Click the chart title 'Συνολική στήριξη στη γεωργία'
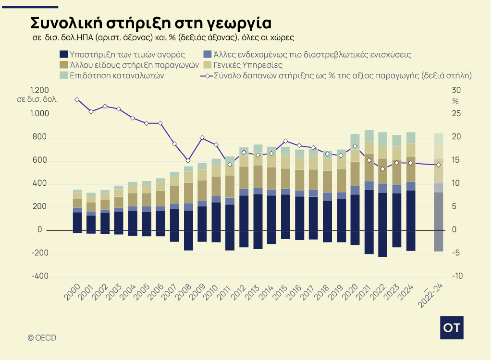pyautogui.click(x=151, y=23)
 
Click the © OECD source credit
pyautogui.click(x=42, y=338)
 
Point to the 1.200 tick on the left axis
pyautogui.click(x=39, y=91)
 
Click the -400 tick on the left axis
pyautogui.click(x=39, y=276)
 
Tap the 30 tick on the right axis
pyautogui.click(x=456, y=91)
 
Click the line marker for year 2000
pyautogui.click(x=77, y=99)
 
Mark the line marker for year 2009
pyautogui.click(x=202, y=138)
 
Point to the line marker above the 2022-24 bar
pyautogui.click(x=438, y=165)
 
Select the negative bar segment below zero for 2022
pyautogui.click(x=383, y=244)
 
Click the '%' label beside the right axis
pyautogui.click(x=455, y=101)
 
